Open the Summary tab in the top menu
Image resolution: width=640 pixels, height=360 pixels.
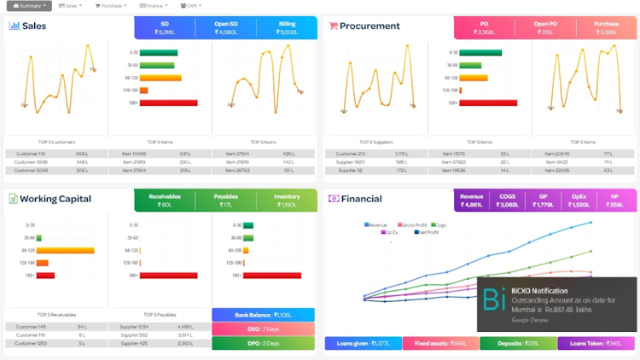click(x=27, y=6)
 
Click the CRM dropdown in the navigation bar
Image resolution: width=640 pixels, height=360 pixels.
click(x=190, y=6)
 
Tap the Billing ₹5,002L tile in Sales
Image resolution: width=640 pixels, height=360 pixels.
click(x=288, y=27)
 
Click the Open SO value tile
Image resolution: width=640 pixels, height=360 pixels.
click(x=226, y=27)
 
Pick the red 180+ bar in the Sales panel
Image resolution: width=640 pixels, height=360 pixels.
click(x=168, y=103)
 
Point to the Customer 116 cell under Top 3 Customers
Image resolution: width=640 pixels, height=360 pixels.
click(x=30, y=154)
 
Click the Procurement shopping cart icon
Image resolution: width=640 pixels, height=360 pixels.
click(x=333, y=26)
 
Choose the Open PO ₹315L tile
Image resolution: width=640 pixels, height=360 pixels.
click(x=546, y=27)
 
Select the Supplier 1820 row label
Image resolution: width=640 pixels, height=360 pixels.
click(x=350, y=162)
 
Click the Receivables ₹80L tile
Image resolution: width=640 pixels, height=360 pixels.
click(x=165, y=200)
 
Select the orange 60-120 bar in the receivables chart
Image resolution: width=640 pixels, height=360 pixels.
click(x=65, y=251)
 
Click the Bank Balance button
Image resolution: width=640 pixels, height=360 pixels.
click(x=263, y=315)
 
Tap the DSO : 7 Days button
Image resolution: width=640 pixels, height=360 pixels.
click(x=263, y=328)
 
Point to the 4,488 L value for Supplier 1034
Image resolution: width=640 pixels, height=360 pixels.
click(x=185, y=327)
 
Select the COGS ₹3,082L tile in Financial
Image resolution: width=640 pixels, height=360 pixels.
click(x=508, y=200)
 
